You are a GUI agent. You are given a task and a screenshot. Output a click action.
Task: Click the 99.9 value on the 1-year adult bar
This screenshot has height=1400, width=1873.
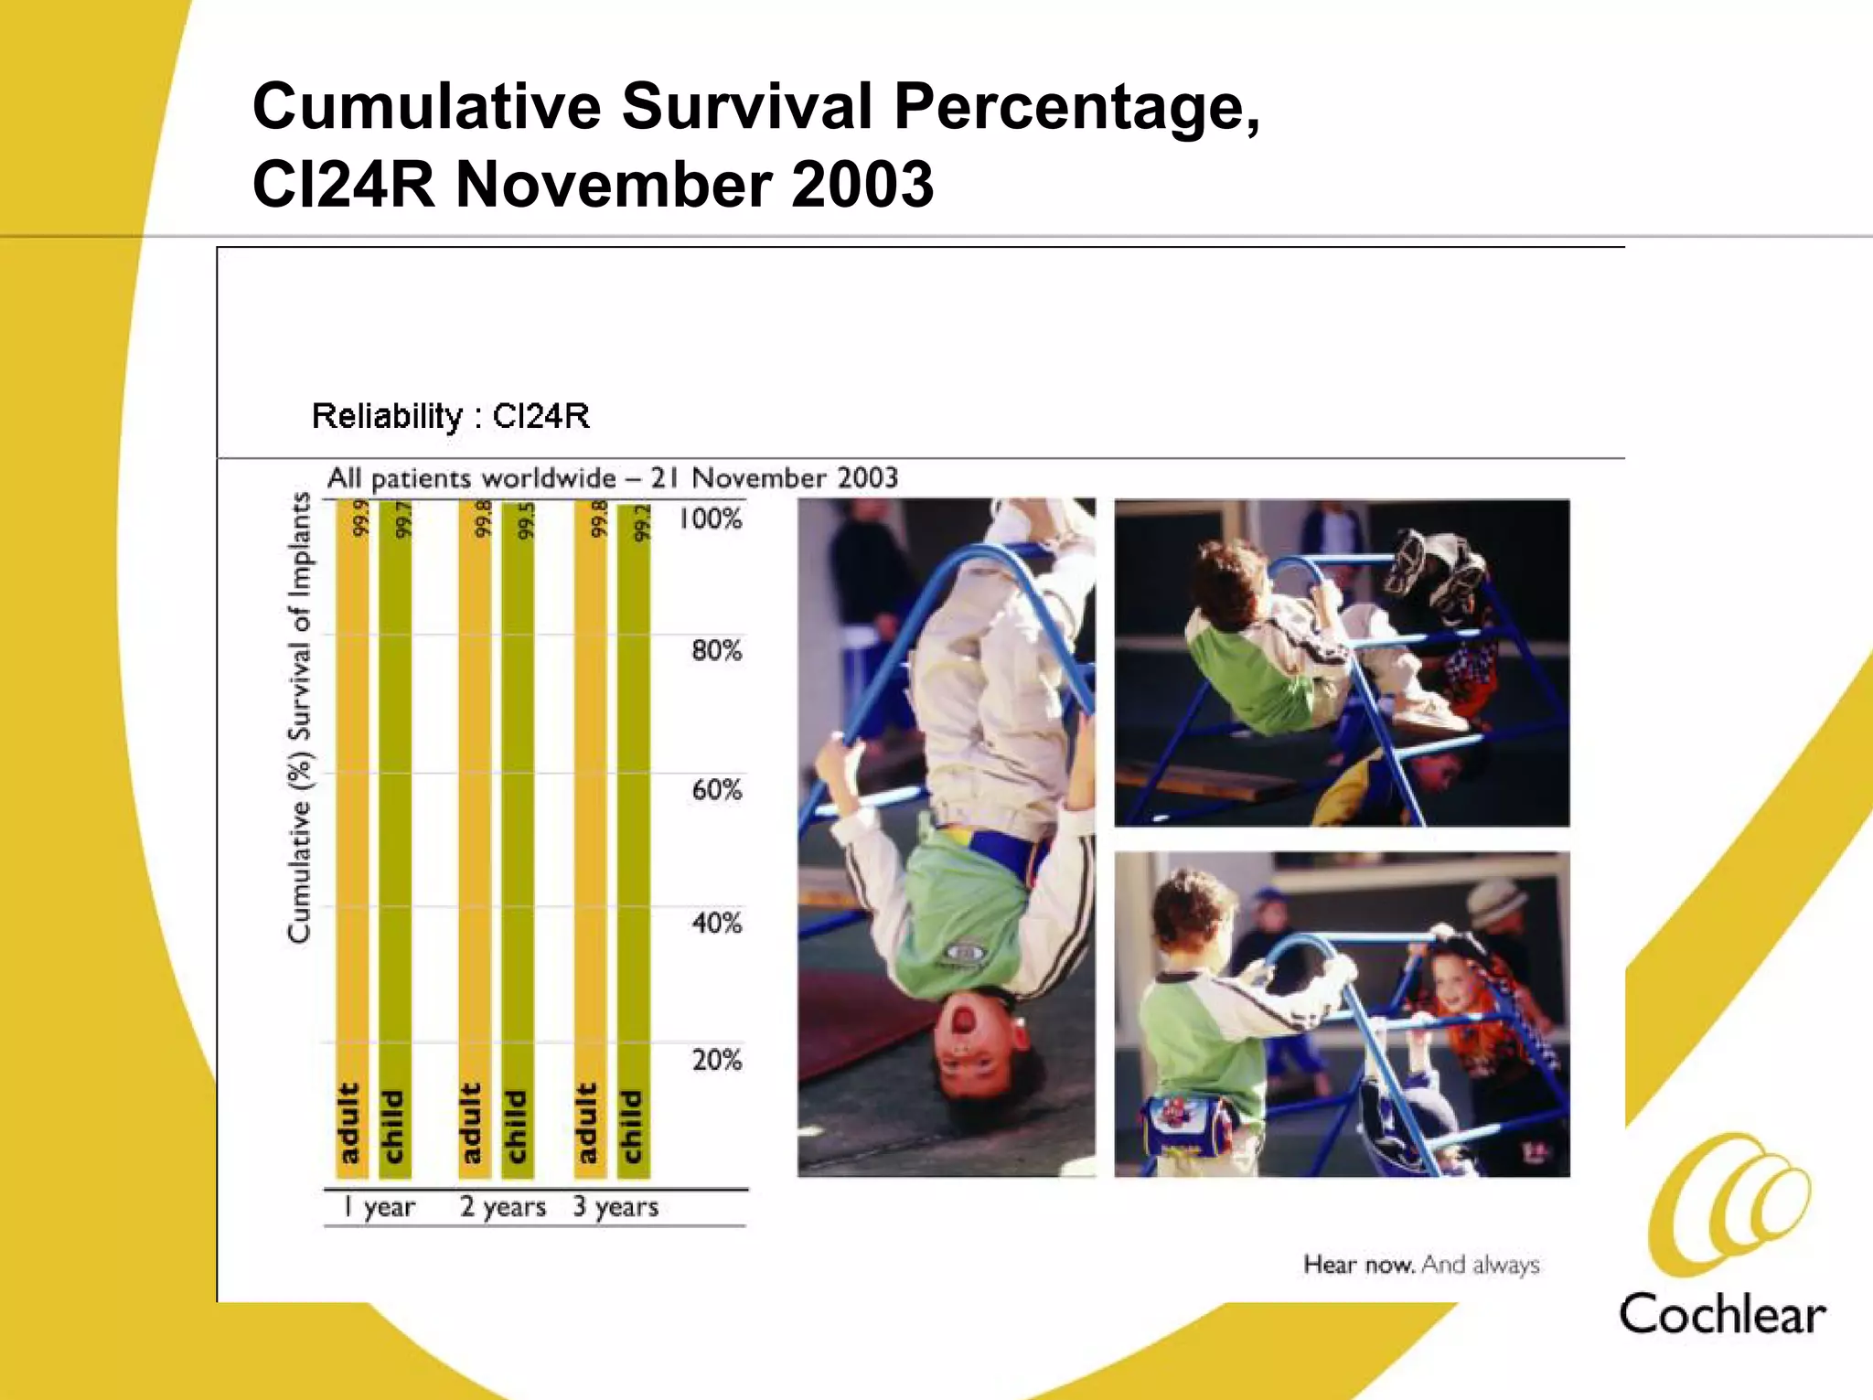pyautogui.click(x=360, y=518)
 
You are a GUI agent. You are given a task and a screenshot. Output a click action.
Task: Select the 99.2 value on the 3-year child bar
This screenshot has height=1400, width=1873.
pyautogui.click(x=643, y=522)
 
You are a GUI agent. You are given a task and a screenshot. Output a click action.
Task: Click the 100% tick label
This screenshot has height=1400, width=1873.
pyautogui.click(x=710, y=519)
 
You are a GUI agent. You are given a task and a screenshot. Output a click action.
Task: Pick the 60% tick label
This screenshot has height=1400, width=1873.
pyautogui.click(x=716, y=789)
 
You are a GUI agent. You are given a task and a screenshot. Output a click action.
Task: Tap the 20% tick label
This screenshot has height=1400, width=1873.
pyautogui.click(x=716, y=1060)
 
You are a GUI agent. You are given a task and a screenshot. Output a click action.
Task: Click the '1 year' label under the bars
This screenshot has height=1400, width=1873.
pyautogui.click(x=380, y=1207)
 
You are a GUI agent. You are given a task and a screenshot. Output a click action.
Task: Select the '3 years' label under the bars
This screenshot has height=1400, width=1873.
pyautogui.click(x=615, y=1207)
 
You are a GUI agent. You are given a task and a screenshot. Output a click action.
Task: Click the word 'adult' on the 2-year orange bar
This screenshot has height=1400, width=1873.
pyautogui.click(x=471, y=1124)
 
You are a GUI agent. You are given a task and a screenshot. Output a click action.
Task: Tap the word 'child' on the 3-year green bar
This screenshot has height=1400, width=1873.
pyautogui.click(x=632, y=1127)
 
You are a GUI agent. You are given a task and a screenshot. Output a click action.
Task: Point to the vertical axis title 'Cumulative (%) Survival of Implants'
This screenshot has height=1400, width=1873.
pyautogui.click(x=300, y=718)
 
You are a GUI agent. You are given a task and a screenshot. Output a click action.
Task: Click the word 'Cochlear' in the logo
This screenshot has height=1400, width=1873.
pyautogui.click(x=1722, y=1315)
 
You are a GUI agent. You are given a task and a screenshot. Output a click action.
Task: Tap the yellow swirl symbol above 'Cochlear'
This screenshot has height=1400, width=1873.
pyautogui.click(x=1728, y=1202)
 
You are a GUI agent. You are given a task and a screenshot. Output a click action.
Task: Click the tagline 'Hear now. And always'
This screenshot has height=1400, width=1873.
pyautogui.click(x=1421, y=1265)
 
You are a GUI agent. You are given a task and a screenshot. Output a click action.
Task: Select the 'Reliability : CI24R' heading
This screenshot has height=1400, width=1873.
pyautogui.click(x=451, y=416)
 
